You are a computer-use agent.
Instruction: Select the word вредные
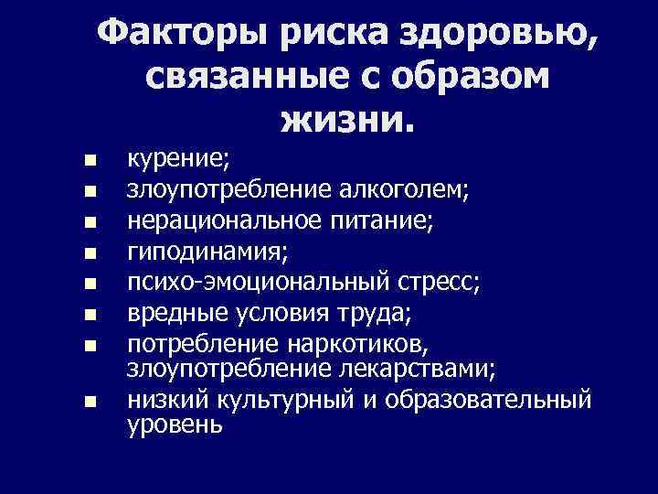pyautogui.click(x=175, y=312)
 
